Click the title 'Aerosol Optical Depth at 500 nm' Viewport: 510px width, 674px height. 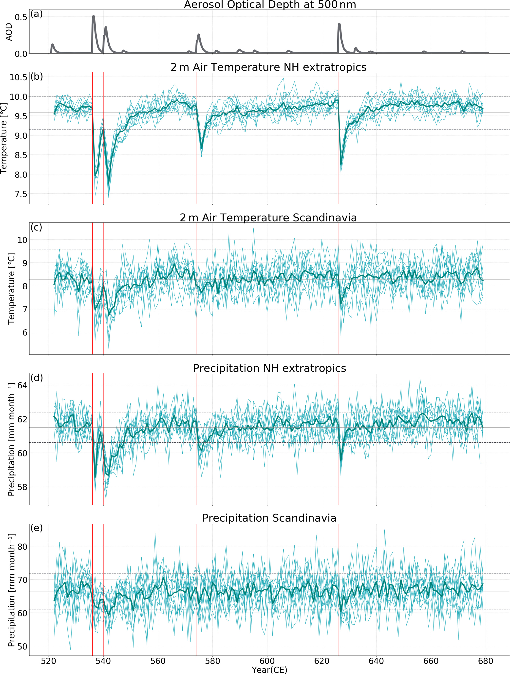[270, 5]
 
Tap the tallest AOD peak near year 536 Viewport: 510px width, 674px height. [93, 16]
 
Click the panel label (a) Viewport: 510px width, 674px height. [37, 14]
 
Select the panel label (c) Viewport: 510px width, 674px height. [36, 227]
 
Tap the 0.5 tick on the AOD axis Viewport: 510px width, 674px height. [21, 17]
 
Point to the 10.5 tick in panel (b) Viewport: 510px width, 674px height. [18, 77]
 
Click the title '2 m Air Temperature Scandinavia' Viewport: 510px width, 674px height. [268, 218]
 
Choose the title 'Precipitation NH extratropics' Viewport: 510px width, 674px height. [269, 368]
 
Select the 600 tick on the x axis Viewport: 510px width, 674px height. [267, 661]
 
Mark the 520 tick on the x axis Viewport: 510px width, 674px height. [49, 661]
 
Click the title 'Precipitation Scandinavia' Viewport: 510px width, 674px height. [269, 518]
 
